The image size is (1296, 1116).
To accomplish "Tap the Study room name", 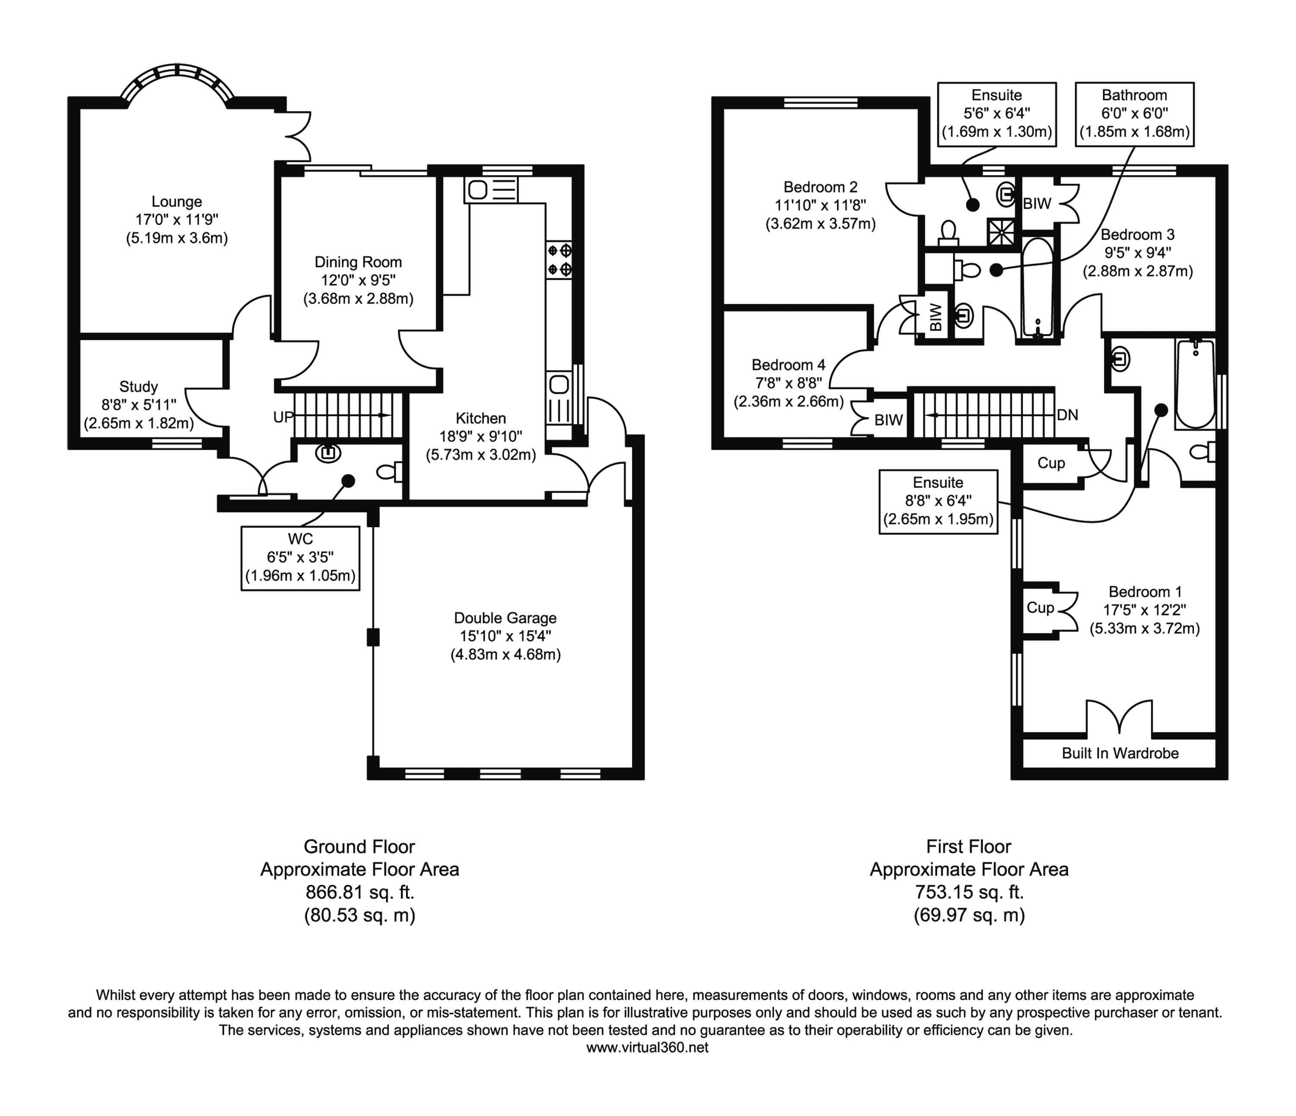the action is pos(138,387).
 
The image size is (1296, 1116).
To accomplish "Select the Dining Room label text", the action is pos(358,262).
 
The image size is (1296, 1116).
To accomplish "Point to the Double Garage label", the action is pos(505,618).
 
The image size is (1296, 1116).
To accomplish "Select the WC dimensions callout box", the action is pos(300,558).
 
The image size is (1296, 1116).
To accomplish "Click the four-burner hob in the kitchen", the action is pos(559,260).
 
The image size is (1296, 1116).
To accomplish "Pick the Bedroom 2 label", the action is pos(820,187).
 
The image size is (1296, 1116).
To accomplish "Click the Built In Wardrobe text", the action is pos(1120,753).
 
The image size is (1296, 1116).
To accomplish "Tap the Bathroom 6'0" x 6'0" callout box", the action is pos(1134,114).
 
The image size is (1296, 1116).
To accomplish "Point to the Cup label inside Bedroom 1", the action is pos(1040,607).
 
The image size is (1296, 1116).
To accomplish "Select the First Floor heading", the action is pos(968,846).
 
